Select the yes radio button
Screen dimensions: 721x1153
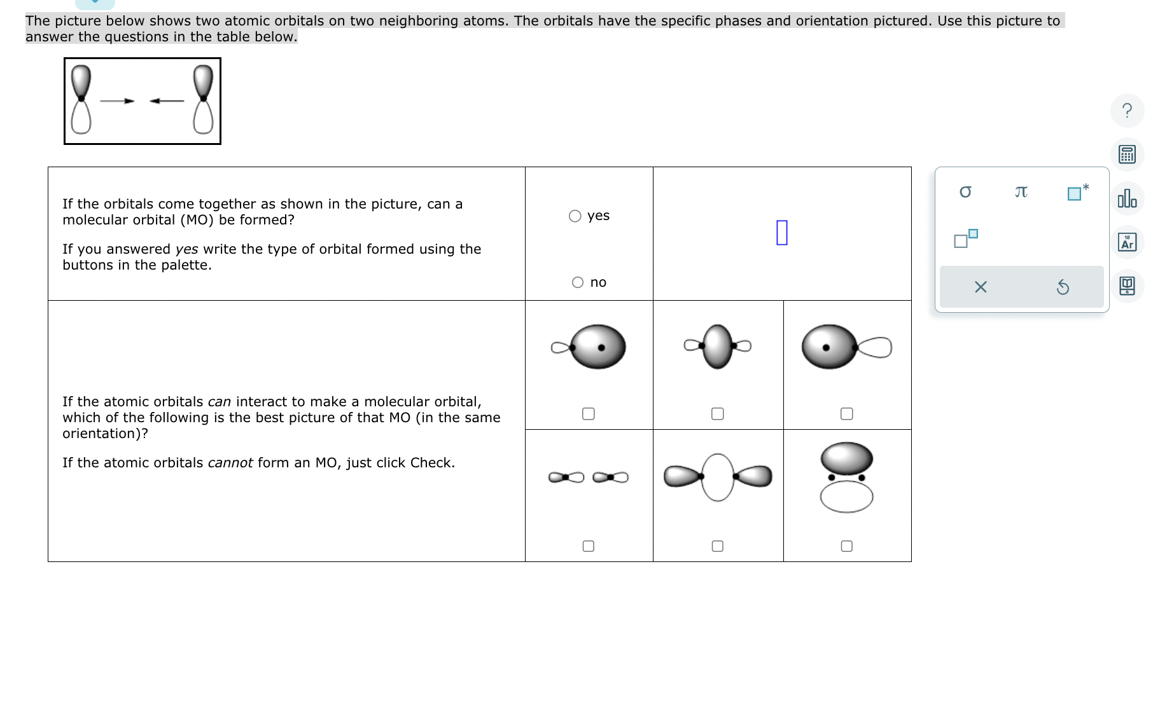point(575,216)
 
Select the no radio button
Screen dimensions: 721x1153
point(578,282)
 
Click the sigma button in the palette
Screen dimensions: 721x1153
point(965,192)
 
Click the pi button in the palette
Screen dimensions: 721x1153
point(1021,192)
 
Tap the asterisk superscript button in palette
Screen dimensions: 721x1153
point(1077,192)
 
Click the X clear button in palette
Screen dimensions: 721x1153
point(981,287)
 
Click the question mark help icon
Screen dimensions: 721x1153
point(1127,111)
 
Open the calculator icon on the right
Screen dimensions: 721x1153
point(1127,154)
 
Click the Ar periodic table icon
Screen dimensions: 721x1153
point(1127,242)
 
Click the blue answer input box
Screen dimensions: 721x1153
point(782,232)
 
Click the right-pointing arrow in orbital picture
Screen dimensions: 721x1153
point(118,100)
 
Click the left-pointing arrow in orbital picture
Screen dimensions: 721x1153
point(167,100)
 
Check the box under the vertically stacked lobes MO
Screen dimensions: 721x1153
point(847,546)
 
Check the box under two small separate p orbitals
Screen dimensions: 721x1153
point(589,546)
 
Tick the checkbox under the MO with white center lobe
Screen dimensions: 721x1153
point(718,546)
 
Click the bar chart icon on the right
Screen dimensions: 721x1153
point(1127,198)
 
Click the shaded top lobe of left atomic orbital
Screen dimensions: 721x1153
point(81,79)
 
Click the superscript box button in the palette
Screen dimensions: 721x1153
point(965,238)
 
